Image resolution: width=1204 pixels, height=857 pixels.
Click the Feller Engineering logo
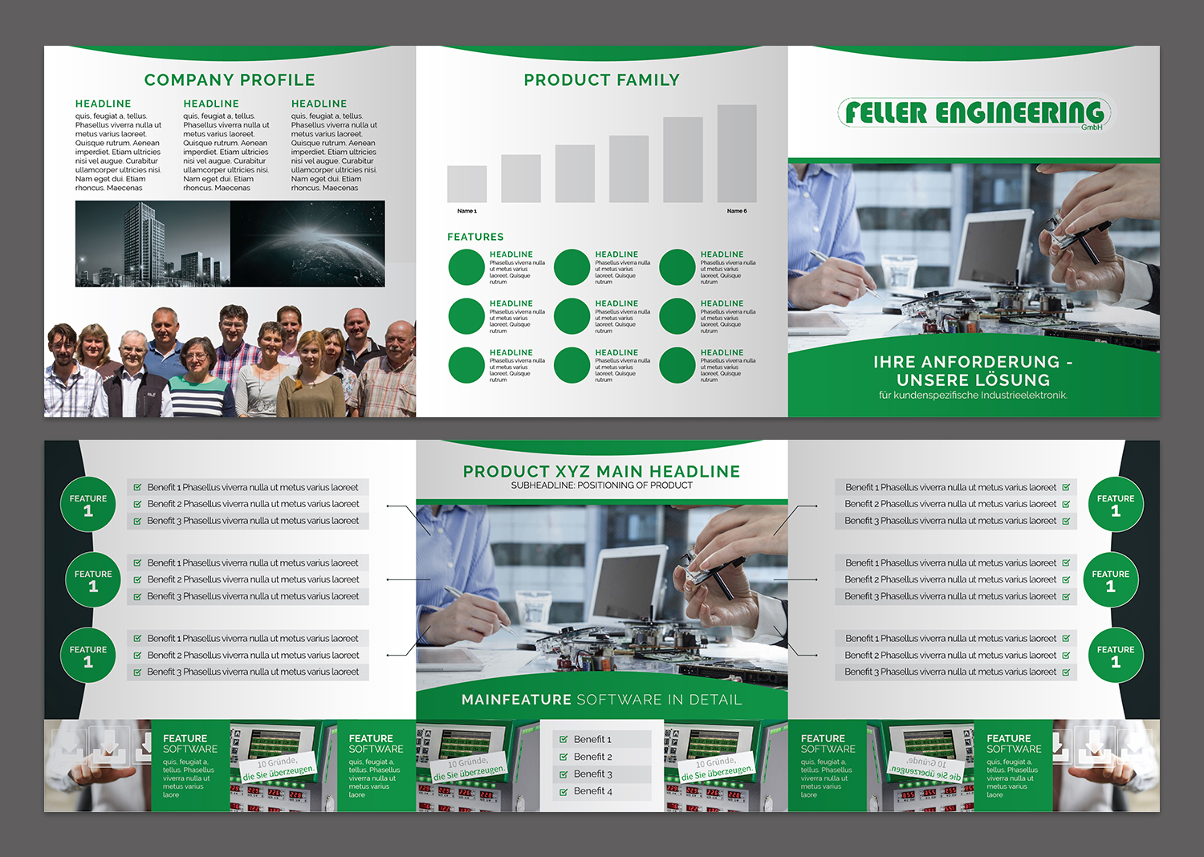point(974,113)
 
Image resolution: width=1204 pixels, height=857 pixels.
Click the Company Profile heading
point(230,80)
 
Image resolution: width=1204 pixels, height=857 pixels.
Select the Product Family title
point(601,80)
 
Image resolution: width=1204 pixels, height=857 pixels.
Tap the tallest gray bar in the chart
point(737,153)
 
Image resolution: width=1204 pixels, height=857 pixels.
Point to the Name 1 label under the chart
point(466,211)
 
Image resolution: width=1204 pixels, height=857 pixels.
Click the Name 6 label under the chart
point(737,211)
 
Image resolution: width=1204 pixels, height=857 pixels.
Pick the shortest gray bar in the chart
point(467,184)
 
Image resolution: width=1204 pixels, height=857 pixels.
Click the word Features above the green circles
point(475,237)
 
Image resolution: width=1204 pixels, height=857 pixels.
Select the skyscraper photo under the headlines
point(153,243)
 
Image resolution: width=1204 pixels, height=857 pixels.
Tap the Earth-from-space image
point(307,243)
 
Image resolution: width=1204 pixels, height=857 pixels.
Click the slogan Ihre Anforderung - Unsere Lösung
point(973,371)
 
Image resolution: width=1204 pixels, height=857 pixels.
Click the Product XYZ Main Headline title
point(601,472)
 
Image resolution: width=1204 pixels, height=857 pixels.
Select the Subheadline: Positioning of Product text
point(601,485)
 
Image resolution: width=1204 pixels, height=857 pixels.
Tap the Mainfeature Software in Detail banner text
point(601,700)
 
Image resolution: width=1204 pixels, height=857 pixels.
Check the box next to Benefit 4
point(563,792)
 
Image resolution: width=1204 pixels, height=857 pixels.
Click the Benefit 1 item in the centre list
point(592,739)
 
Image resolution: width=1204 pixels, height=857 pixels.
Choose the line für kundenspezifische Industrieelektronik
point(973,395)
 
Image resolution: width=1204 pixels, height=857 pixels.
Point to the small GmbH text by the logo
point(1092,128)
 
